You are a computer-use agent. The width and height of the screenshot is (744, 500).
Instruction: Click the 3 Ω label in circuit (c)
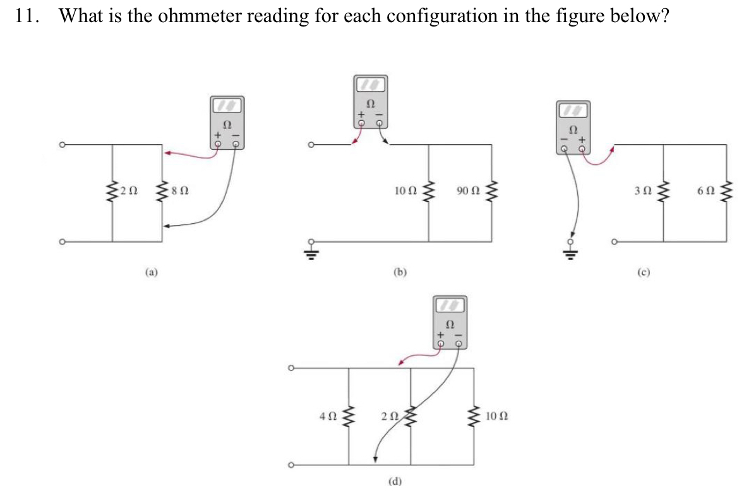[x=642, y=190]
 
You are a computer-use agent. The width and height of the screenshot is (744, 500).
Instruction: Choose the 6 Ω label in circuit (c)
[x=705, y=190]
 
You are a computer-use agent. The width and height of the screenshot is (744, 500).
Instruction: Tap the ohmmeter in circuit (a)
[x=227, y=123]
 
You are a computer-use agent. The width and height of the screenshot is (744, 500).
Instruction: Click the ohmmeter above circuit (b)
[x=370, y=101]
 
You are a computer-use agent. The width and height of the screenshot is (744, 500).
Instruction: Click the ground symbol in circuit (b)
[x=311, y=253]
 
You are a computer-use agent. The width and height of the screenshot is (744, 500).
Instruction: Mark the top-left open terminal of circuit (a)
[x=62, y=145]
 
